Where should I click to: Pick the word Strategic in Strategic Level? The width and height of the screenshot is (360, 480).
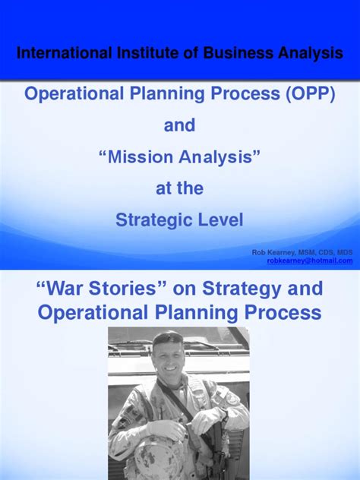click(x=155, y=220)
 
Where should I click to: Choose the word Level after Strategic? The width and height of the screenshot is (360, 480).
click(x=220, y=220)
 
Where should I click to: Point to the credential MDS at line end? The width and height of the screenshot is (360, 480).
click(x=344, y=251)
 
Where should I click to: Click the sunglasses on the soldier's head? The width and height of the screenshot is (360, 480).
click(x=169, y=339)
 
